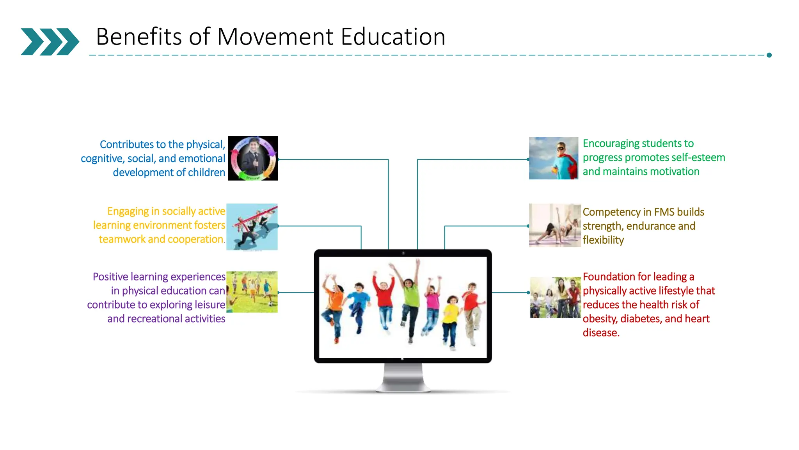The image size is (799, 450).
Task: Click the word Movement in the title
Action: pos(275,37)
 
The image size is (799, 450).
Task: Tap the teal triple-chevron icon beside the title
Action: pos(50,41)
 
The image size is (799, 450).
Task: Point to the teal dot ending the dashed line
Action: pos(769,55)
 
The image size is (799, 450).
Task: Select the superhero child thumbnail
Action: pos(553,158)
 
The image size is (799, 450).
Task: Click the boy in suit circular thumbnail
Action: pos(253,158)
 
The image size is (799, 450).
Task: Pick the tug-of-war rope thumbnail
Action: pos(252,227)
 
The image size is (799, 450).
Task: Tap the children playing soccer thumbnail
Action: pos(252,292)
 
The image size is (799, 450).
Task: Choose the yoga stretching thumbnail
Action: pos(555,225)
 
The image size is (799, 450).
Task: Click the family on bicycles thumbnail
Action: pos(555,297)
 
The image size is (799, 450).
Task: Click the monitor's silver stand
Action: pos(403,377)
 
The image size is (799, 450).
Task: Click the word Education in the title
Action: pos(393,37)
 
